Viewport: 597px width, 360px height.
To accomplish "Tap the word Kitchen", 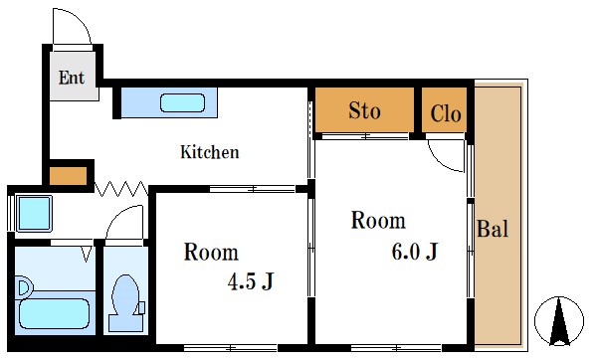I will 209,152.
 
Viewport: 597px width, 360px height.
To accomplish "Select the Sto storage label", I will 364,110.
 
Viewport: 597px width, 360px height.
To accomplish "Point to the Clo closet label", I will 446,113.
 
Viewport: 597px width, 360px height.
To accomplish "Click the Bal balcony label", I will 493,230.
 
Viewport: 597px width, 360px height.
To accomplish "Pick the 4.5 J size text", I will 251,282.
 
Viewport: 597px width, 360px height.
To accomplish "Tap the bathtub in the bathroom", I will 57,298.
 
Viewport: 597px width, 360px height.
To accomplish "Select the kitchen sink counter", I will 164,102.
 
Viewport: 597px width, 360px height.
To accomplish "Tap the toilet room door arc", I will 125,223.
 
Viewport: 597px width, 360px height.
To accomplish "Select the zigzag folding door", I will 120,186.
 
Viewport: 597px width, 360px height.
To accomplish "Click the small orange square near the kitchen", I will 68,177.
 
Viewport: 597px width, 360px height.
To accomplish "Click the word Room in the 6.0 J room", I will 378,220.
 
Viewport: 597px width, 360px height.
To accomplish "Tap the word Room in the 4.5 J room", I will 211,252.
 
